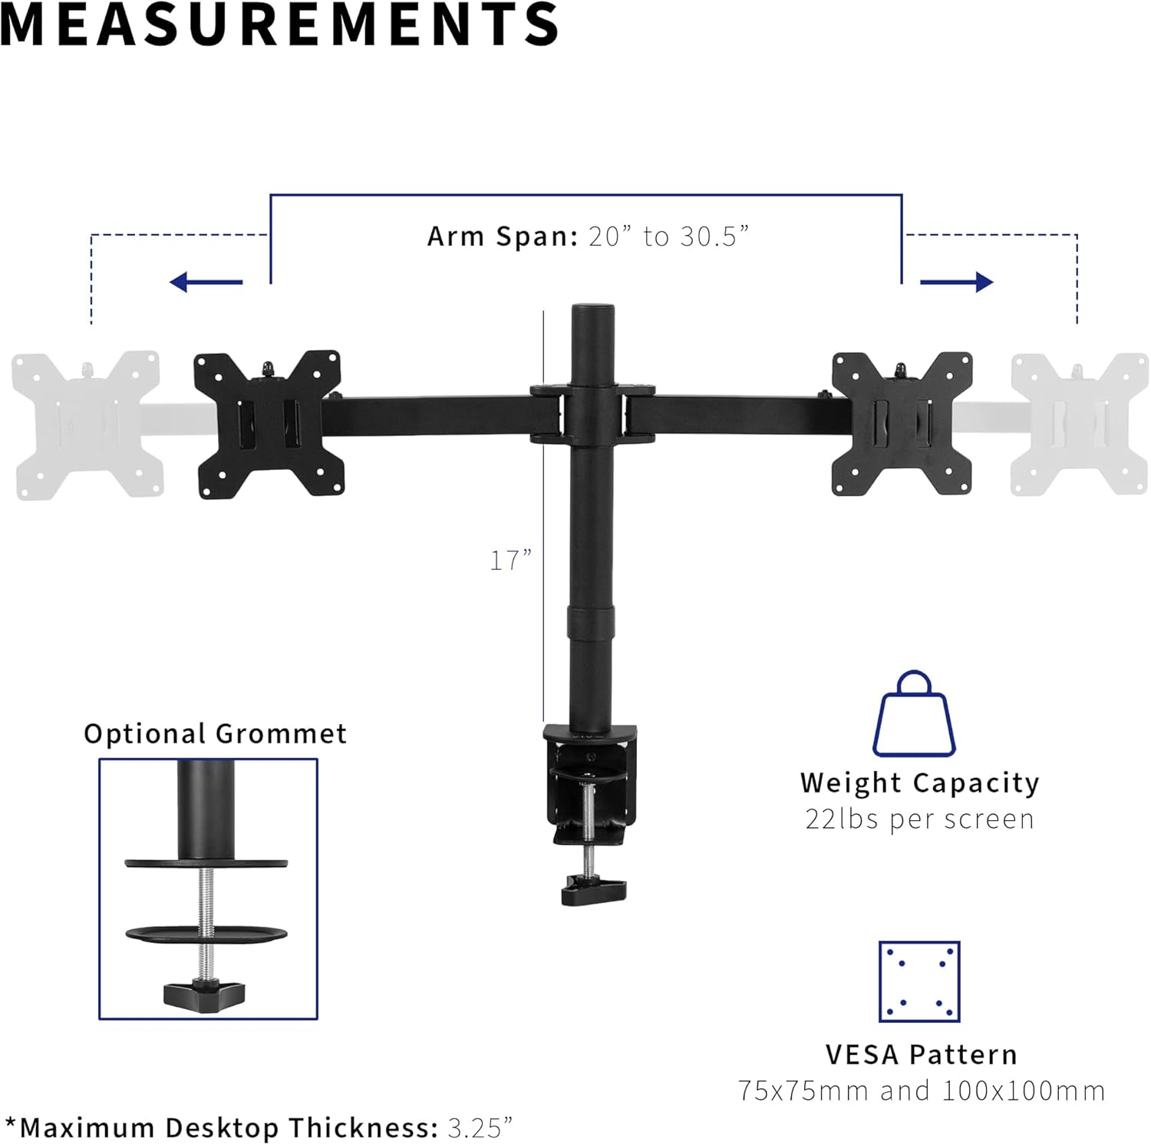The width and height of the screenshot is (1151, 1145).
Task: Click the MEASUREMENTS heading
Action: pos(280,25)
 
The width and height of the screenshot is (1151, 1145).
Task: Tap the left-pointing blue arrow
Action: pos(206,283)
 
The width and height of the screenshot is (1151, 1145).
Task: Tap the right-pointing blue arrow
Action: pos(956,283)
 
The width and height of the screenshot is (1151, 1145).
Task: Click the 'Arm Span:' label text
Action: pos(503,237)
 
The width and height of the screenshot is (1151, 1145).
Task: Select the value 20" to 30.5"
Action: pos(668,237)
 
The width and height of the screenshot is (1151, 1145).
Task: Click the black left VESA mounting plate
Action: pos(268,425)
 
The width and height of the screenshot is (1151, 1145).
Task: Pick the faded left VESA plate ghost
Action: pos(87,425)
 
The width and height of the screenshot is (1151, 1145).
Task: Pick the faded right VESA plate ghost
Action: pos(1079,424)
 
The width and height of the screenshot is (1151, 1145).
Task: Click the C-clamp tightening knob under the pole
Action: pos(593,891)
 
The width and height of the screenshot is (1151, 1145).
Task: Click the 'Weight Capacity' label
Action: pos(919,783)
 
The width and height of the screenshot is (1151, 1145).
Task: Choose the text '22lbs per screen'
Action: pos(919,819)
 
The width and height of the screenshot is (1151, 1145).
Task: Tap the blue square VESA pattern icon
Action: pos(919,981)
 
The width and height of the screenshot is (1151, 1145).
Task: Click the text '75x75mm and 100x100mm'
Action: pos(921,1091)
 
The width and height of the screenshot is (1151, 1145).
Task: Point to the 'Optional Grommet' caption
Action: pos(215,734)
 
